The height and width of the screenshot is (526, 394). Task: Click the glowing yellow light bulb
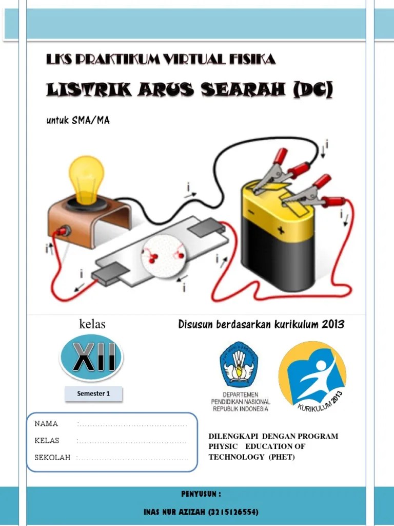point(86,178)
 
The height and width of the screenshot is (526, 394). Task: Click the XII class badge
point(91,356)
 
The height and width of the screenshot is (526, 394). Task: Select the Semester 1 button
point(93,394)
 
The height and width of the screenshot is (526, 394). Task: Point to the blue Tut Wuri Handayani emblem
point(239,365)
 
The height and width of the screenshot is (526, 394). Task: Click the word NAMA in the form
point(46,424)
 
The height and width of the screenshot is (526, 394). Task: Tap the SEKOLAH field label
point(52,458)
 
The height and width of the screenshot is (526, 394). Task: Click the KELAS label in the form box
point(47,441)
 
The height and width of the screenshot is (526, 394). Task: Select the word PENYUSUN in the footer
point(201,494)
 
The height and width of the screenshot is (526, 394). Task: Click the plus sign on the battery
point(281,231)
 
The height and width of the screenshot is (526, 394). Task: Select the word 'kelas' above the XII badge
point(92,324)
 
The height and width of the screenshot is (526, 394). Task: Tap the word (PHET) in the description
point(282,457)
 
